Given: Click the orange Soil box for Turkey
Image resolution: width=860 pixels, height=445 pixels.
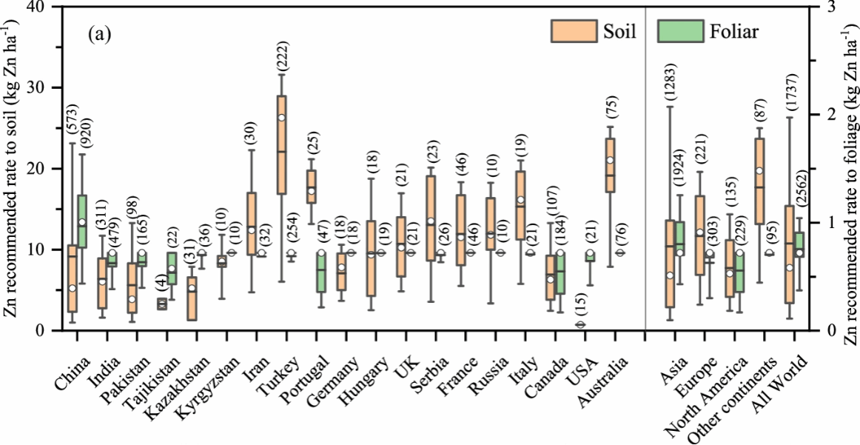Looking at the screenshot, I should (281, 144).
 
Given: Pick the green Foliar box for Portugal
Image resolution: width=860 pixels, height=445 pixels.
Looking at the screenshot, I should (320, 271).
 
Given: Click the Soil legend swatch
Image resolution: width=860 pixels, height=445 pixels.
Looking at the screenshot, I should (574, 31).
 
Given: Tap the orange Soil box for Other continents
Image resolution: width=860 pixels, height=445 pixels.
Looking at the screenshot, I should (759, 181).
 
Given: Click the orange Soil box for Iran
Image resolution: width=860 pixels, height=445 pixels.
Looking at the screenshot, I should (252, 224).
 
